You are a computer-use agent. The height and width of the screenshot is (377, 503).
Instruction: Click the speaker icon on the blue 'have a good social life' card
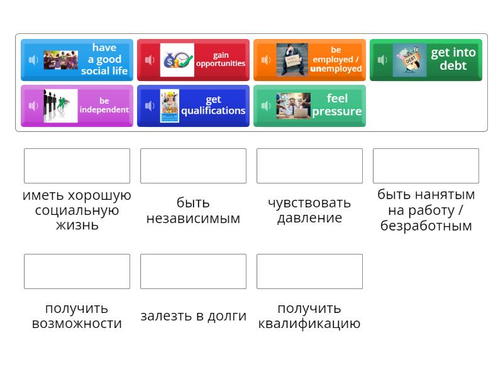[33, 60]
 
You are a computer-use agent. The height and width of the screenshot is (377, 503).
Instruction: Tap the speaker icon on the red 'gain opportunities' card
[150, 60]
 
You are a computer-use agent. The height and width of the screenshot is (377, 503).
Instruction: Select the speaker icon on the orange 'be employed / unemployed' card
[266, 60]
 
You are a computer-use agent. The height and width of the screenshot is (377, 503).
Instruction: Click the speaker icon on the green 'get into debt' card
[382, 60]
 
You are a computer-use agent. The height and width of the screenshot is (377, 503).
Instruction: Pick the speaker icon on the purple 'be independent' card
[33, 106]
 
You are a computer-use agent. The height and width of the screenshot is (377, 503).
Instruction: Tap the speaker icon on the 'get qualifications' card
[150, 106]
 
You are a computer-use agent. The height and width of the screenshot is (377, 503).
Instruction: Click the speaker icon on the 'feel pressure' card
[266, 106]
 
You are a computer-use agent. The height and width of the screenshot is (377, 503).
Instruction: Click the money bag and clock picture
[177, 60]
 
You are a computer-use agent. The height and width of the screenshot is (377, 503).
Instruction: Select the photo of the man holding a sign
[292, 60]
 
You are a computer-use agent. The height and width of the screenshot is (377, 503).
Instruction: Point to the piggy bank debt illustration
[409, 60]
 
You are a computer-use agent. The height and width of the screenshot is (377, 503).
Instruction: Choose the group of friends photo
[60, 60]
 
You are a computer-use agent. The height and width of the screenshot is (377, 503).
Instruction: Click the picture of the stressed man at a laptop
[293, 106]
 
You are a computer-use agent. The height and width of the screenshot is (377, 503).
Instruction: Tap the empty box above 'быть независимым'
[193, 166]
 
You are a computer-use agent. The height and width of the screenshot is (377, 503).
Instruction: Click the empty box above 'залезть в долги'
[193, 271]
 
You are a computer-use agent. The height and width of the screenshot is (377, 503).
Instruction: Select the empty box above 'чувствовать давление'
[309, 166]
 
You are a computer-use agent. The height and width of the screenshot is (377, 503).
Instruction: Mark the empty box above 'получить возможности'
[77, 271]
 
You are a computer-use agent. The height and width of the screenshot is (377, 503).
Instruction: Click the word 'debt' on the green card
[453, 66]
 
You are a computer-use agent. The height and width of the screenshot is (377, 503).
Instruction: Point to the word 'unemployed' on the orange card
[336, 68]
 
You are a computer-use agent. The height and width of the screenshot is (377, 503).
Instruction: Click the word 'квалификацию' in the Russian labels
[309, 324]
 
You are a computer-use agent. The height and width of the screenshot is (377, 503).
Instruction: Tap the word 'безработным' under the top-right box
[426, 226]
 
